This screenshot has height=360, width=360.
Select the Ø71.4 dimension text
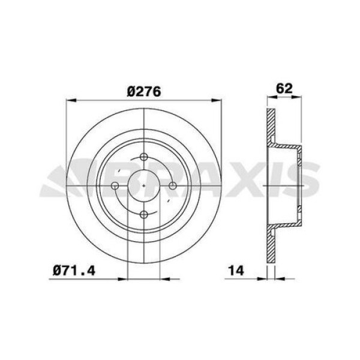coord(75,271)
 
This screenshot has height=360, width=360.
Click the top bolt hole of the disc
coord(144,158)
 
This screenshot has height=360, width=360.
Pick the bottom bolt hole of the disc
coord(144,214)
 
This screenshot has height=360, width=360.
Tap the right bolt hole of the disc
coord(172,186)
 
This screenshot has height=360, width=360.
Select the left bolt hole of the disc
coord(116,186)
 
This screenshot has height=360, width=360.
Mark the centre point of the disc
coord(144,186)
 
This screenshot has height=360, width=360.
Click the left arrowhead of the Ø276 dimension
coord(68,99)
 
